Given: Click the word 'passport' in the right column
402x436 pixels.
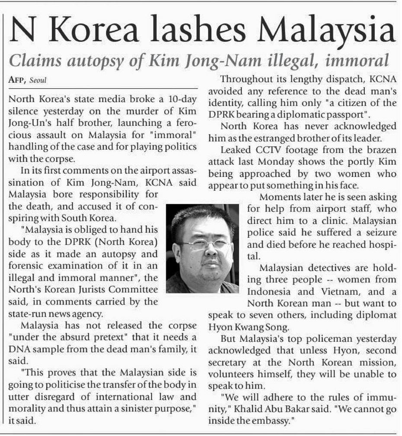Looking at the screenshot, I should tap(347, 115).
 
